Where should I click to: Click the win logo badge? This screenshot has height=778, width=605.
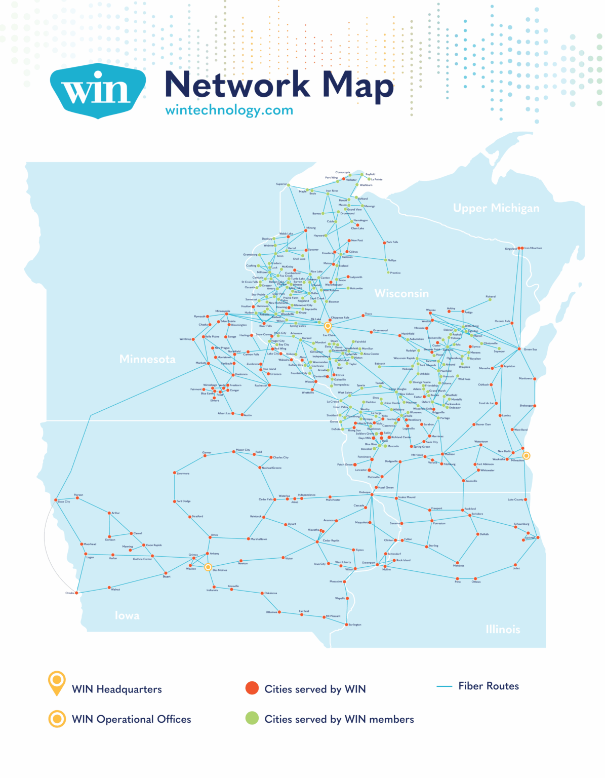98,91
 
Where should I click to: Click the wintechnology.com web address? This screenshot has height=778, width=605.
229,110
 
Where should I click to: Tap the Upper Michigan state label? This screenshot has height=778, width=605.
496,208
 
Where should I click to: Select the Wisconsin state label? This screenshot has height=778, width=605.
401,293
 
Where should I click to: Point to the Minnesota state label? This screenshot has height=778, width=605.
147,359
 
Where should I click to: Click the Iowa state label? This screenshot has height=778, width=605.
127,615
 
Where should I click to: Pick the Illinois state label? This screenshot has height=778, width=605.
503,629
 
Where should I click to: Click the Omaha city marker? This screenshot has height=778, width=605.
77,593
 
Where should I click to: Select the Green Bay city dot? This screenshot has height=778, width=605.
519,349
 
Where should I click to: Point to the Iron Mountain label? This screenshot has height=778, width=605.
533,248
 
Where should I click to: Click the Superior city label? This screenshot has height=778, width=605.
281,184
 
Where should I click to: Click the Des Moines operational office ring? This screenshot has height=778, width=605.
208,568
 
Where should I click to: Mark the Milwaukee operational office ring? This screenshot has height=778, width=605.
527,456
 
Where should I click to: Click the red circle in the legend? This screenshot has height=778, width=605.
252,688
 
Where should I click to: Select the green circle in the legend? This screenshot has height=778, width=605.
252,718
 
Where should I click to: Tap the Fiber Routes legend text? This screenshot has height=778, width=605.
488,686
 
